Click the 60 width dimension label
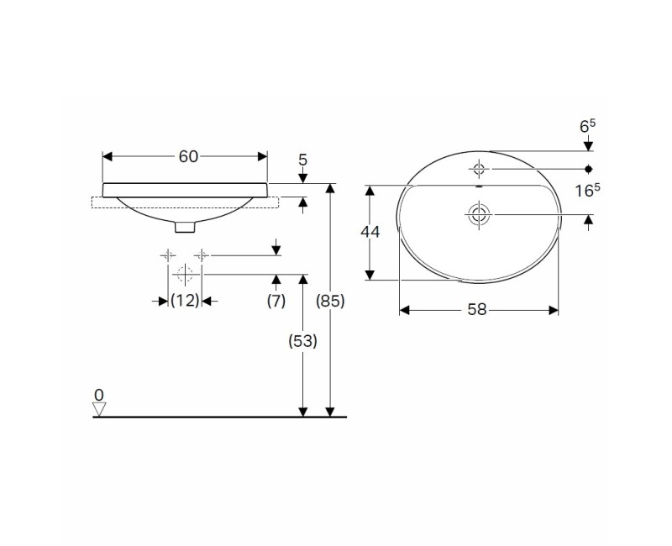click(188, 156)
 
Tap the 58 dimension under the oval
click(477, 309)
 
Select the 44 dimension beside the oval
click(370, 232)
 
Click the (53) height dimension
click(302, 342)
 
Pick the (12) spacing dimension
click(185, 301)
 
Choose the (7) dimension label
click(276, 301)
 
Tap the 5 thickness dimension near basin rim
click(303, 159)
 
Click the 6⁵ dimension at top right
click(587, 125)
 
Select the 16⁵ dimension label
click(587, 190)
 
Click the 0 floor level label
click(99, 394)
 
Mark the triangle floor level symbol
click(100, 409)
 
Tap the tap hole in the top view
click(479, 169)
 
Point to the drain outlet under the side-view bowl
click(186, 225)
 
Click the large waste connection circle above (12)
click(185, 274)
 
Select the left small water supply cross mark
click(169, 255)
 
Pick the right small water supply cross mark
click(202, 255)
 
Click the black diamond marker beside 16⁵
click(588, 169)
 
